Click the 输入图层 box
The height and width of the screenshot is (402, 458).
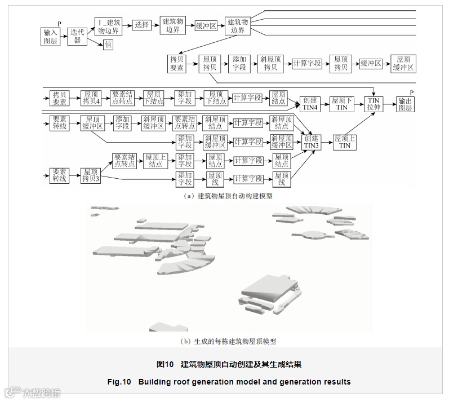pos(50,37)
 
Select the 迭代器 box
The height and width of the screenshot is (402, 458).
pos(78,37)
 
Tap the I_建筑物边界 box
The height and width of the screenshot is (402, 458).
pos(109,25)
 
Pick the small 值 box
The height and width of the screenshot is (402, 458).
pos(108,44)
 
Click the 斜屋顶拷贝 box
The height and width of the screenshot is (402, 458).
pos(270,63)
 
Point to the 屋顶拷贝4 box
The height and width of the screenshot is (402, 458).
pos(91,98)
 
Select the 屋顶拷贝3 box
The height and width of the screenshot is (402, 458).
pos(91,175)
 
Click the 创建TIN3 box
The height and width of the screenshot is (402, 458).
pos(311,142)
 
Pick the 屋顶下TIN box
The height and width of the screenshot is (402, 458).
pos(341,103)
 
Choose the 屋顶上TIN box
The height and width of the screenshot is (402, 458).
pos(344,142)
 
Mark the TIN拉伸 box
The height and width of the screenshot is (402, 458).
pos(374,103)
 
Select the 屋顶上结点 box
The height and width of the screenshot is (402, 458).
pos(156,160)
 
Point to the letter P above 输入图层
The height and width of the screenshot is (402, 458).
pos(59,23)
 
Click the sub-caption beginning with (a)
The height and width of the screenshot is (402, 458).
pos(228,196)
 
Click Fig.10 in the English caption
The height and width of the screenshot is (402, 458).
pos(119,382)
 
